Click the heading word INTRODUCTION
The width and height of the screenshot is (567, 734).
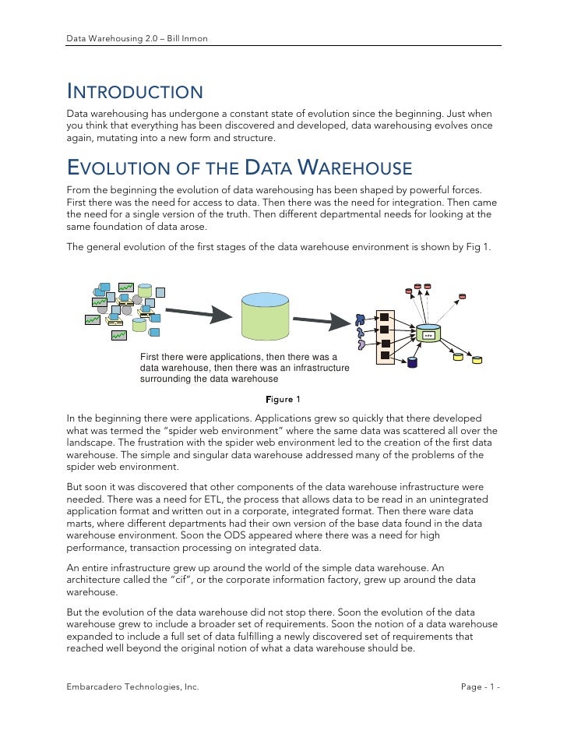point(135,93)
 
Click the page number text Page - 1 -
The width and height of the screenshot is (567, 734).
point(480,686)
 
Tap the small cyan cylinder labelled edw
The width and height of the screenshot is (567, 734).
point(428,335)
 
